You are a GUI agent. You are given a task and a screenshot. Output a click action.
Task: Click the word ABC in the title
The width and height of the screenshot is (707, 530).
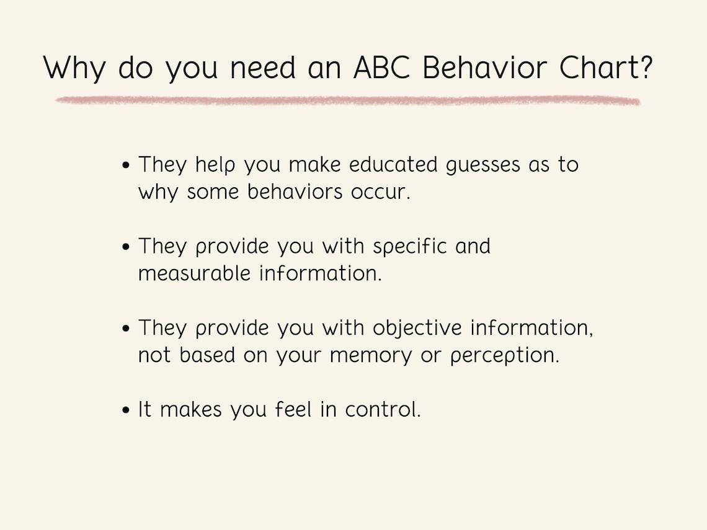coord(381,68)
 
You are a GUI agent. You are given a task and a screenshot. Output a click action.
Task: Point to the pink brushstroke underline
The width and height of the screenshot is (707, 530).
coord(347,100)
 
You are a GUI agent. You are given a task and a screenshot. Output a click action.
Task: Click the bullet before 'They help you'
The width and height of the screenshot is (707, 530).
coord(127,166)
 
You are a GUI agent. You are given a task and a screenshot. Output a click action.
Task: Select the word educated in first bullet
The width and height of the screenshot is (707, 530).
coord(394,165)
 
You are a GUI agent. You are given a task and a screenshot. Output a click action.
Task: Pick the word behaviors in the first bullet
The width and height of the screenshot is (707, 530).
coord(295,192)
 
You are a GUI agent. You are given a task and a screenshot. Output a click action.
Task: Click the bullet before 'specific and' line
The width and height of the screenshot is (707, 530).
coord(127,247)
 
